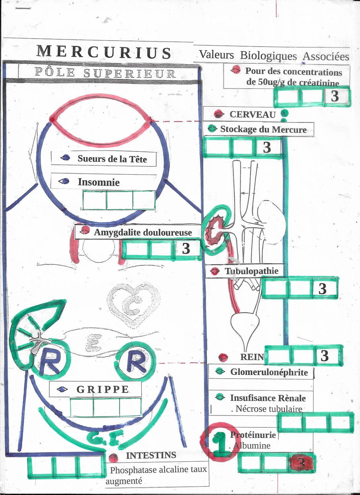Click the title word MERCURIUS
[104, 52]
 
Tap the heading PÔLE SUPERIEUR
[105, 73]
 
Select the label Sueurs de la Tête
[112, 159]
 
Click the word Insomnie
[99, 182]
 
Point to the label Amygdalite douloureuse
[143, 232]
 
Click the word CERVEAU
[253, 115]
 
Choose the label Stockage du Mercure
[263, 129]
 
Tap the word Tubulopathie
[251, 271]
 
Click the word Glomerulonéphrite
[269, 372]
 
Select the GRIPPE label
[103, 389]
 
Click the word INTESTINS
[151, 455]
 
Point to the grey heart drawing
[133, 305]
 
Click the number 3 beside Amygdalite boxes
[186, 248]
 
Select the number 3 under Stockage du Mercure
[267, 148]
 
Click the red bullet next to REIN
[223, 357]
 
